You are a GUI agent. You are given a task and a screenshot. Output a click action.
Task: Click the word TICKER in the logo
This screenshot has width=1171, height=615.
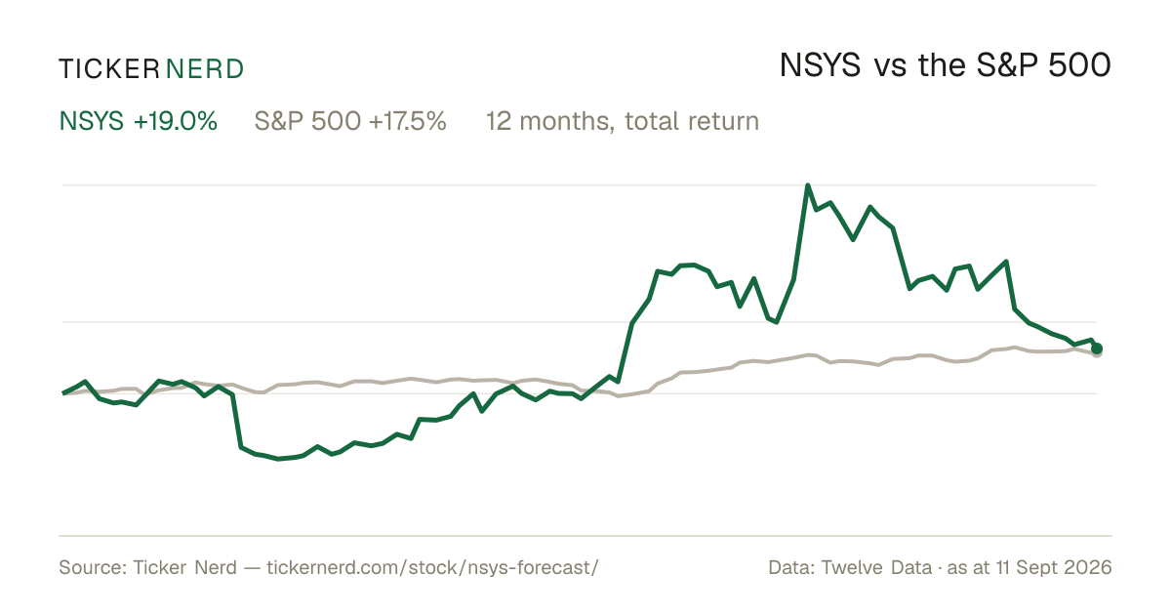click(x=109, y=69)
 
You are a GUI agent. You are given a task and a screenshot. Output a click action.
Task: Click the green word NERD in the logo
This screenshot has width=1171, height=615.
click(x=205, y=69)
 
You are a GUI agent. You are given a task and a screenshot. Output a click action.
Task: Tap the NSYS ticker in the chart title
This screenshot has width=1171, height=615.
click(x=820, y=65)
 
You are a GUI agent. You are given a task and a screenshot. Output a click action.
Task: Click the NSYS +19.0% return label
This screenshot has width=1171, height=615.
click(x=138, y=121)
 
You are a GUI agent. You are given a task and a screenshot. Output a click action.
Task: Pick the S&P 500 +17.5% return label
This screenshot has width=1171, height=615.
click(x=350, y=121)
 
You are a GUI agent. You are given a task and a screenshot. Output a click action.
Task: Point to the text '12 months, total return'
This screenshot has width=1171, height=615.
click(x=623, y=121)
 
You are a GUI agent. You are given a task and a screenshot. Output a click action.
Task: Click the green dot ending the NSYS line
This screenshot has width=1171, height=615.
click(x=1097, y=348)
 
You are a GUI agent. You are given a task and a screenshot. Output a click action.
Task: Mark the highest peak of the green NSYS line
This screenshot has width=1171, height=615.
click(x=808, y=185)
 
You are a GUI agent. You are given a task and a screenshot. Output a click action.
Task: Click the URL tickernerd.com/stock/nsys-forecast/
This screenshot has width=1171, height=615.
click(x=432, y=567)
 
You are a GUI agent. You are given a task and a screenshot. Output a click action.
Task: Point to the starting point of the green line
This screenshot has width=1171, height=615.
click(x=63, y=393)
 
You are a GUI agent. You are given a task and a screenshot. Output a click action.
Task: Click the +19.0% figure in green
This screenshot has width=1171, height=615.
click(x=175, y=121)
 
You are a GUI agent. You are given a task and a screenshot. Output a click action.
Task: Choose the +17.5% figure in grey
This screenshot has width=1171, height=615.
click(x=407, y=121)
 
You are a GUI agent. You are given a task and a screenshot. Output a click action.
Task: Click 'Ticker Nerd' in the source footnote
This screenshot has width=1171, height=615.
click(x=185, y=567)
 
